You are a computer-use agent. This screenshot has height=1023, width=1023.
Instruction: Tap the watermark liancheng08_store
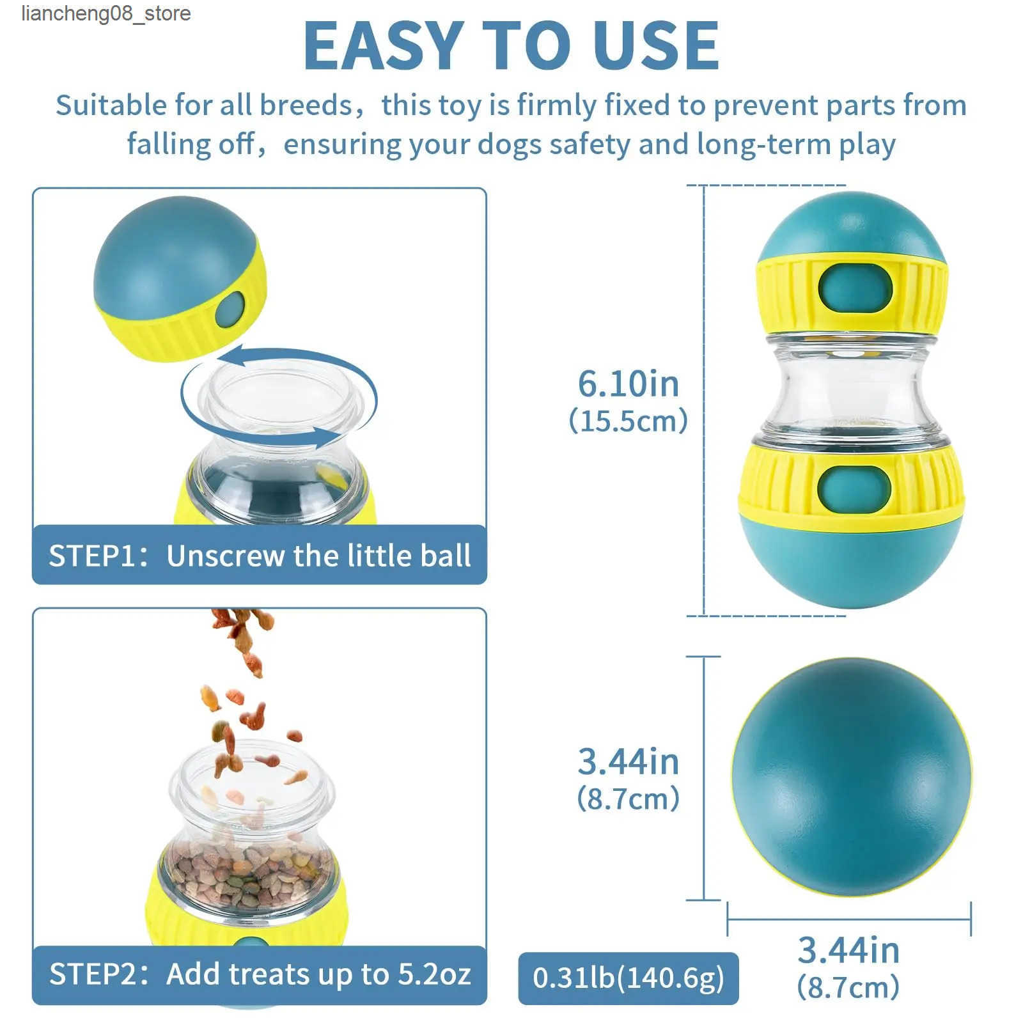pyautogui.click(x=106, y=13)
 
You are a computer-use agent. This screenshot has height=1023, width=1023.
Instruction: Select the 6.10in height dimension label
pyautogui.click(x=629, y=384)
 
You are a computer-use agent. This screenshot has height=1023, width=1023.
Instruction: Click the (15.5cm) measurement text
pyautogui.click(x=629, y=421)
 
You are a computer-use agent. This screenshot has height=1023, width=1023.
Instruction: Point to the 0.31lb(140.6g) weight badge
pyautogui.click(x=629, y=978)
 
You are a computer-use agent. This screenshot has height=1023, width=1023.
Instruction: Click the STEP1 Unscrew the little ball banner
pyautogui.click(x=260, y=554)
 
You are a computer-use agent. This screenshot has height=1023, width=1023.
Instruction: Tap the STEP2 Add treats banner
pyautogui.click(x=260, y=974)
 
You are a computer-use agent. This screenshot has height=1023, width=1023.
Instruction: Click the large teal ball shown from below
pyautogui.click(x=852, y=777)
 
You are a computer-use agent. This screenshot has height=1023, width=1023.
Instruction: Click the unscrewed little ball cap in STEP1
pyautogui.click(x=179, y=278)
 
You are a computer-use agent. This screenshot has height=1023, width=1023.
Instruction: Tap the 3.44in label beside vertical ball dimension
pyautogui.click(x=629, y=761)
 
